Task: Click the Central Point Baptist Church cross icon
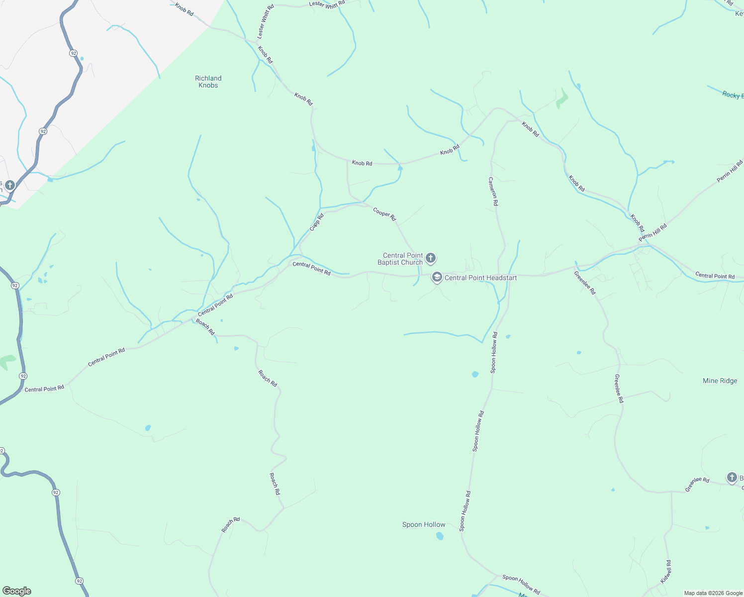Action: click(431, 258)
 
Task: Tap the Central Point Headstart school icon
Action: click(437, 277)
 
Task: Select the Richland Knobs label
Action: click(208, 82)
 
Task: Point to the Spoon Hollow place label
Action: click(424, 524)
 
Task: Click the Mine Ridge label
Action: click(720, 381)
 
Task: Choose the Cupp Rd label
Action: click(316, 222)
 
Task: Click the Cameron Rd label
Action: click(493, 192)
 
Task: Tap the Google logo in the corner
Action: click(16, 591)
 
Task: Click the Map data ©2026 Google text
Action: click(713, 593)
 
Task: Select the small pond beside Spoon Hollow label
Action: click(440, 536)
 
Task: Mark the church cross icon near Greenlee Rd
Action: click(732, 478)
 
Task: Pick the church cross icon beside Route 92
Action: click(10, 185)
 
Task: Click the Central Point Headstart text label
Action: click(480, 278)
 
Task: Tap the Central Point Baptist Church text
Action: click(400, 259)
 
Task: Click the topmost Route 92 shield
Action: click(73, 53)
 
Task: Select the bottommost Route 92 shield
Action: click(79, 581)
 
